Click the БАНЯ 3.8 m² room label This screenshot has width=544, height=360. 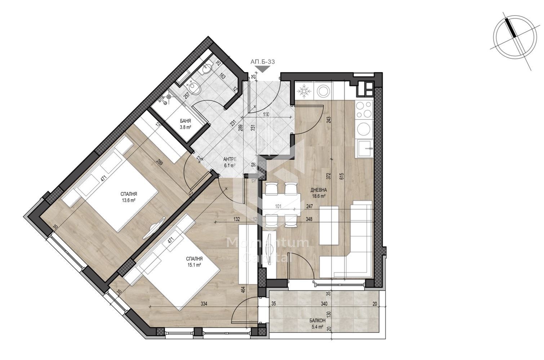tap(185, 124)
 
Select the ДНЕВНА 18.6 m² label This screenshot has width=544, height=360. tap(318, 193)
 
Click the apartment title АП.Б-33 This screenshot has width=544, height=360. tap(263, 62)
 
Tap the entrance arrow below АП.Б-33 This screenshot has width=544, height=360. tap(263, 69)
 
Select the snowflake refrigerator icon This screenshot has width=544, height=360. tap(304, 91)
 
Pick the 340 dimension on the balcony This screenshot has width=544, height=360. tap(324, 304)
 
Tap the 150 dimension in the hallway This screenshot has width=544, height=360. tap(266, 114)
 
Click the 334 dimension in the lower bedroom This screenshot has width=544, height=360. tap(204, 304)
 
